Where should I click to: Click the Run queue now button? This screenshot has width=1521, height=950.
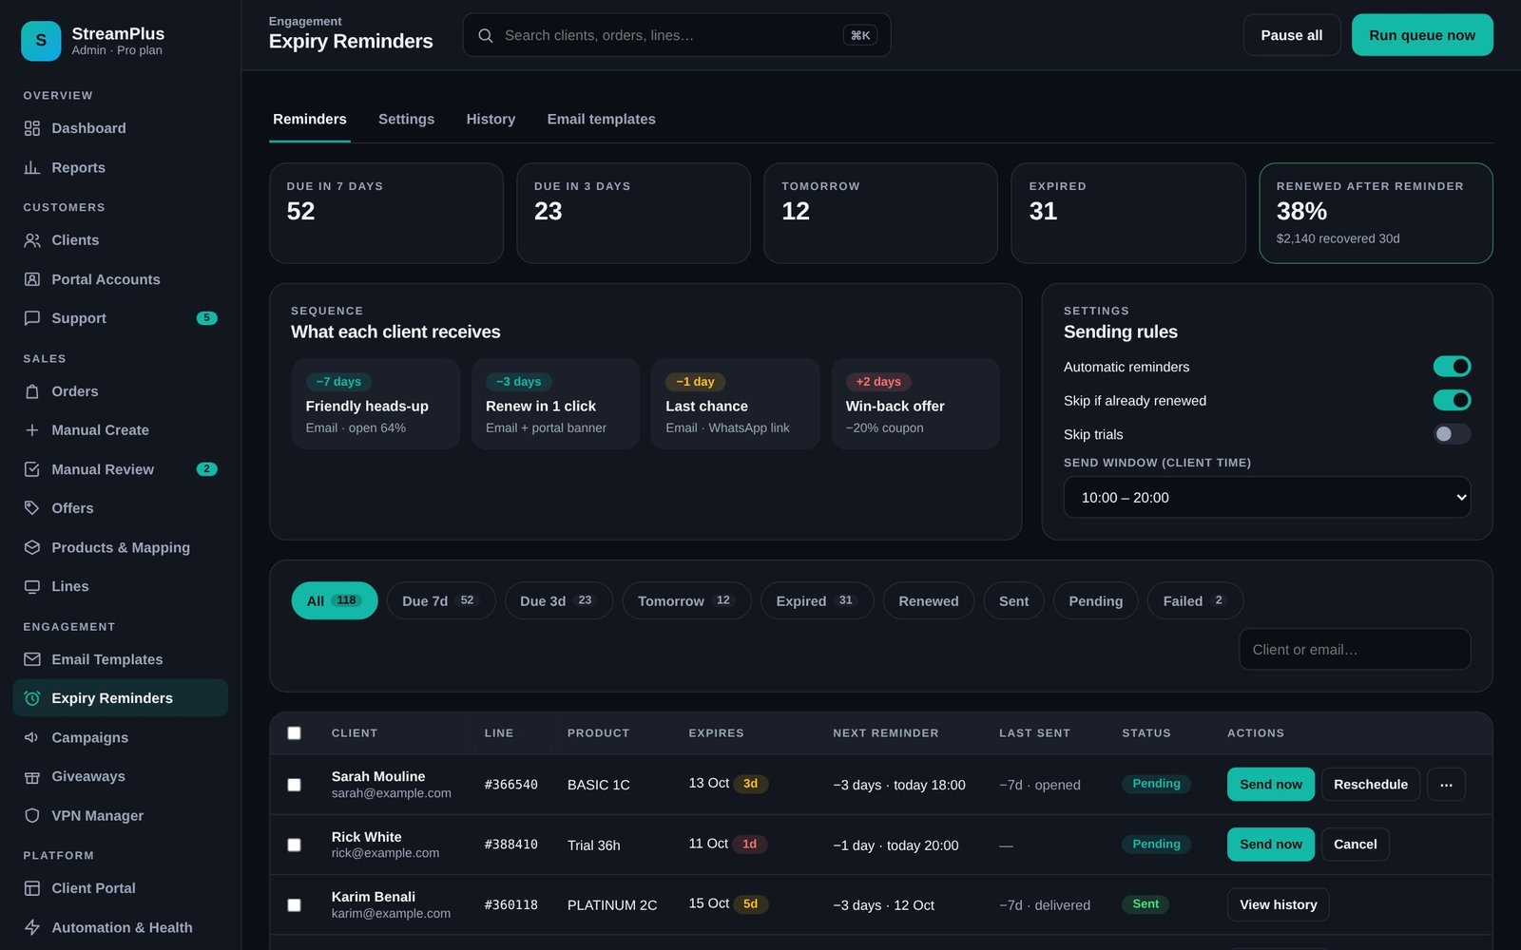point(1422,35)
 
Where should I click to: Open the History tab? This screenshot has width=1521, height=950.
point(491,120)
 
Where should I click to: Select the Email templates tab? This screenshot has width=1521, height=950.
point(601,120)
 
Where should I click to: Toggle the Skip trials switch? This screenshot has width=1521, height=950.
point(1452,434)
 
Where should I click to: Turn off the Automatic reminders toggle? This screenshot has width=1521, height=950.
point(1452,367)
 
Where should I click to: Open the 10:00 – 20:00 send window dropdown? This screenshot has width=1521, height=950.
point(1266,498)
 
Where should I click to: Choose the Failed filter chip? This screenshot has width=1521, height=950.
point(1195,600)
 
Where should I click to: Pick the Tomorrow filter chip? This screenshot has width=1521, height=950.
point(686,600)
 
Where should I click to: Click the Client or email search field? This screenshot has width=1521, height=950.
point(1355,650)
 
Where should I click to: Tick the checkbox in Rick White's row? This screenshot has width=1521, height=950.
point(294,845)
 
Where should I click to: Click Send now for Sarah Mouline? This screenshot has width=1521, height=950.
point(1270,785)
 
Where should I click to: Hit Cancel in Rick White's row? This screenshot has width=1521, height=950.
point(1355,845)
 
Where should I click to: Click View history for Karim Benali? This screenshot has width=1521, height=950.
point(1278,904)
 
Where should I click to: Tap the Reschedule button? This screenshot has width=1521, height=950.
point(1370,785)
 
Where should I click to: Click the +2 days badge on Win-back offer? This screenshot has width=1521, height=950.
point(878,381)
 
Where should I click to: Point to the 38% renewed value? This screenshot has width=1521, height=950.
point(1301,211)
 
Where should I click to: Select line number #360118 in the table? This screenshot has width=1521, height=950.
point(510,905)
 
